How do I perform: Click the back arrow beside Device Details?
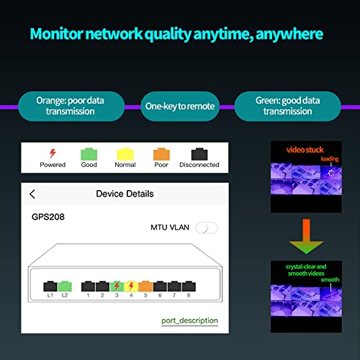tap(32, 194)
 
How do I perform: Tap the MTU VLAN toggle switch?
tap(207, 228)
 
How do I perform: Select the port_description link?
tap(189, 320)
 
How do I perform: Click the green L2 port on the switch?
tap(65, 285)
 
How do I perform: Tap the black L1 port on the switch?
tap(50, 285)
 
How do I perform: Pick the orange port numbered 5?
tap(145, 285)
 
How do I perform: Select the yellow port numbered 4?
tap(131, 285)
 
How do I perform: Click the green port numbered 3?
tap(117, 285)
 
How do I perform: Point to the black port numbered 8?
tap(188, 285)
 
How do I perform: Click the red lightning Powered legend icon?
tap(52, 153)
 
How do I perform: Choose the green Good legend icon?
tap(89, 153)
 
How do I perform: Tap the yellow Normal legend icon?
tap(125, 153)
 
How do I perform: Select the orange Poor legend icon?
tap(161, 153)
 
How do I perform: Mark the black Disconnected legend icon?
tap(199, 153)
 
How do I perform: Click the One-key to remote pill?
tap(179, 106)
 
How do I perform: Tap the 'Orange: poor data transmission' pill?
tap(70, 106)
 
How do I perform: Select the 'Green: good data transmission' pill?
tap(288, 106)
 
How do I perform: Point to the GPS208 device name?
tap(49, 215)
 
